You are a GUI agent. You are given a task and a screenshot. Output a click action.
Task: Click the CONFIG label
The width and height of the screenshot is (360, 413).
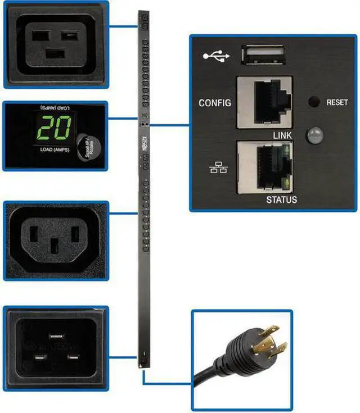pos(215,103)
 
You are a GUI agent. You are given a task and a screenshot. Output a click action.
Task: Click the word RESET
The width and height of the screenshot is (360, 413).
pos(337,103)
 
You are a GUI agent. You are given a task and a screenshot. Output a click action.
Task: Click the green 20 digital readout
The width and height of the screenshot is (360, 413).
pos(54,129)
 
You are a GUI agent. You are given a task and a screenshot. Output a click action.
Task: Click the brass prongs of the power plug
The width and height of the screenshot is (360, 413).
pos(268,342)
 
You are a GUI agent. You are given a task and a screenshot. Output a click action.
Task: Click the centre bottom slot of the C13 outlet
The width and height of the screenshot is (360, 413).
pos(55,247)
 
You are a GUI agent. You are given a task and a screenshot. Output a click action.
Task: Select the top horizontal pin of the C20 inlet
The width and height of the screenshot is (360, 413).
pos(56,336)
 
